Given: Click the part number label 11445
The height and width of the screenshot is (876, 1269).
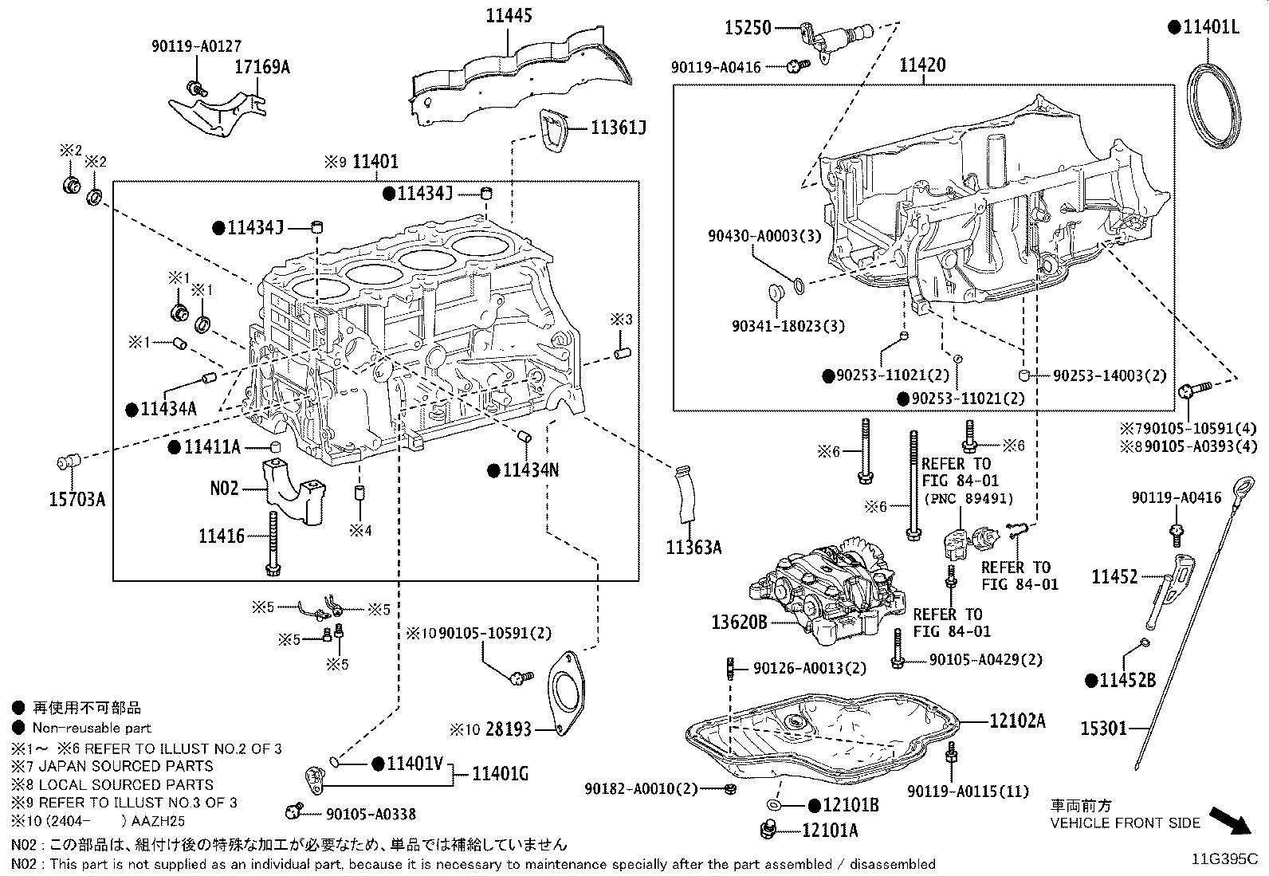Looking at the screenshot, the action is click(x=509, y=15).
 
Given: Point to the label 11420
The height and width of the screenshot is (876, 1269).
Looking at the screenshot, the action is click(x=922, y=65).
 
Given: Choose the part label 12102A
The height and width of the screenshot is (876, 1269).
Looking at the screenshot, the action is click(x=1017, y=721).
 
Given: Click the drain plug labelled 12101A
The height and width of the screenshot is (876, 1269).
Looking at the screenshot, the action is click(x=768, y=829).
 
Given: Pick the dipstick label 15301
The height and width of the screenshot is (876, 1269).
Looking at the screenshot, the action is click(x=1103, y=728).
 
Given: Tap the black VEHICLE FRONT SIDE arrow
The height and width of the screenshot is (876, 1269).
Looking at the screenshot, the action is click(x=1230, y=820).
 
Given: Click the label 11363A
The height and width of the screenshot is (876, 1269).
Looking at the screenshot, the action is click(x=693, y=548).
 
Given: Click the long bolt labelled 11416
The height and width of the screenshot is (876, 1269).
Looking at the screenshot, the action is click(x=273, y=544).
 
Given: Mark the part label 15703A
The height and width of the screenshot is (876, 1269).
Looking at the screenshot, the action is click(x=77, y=499).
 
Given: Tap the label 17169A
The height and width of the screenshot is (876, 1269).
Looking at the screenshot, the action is click(x=261, y=67).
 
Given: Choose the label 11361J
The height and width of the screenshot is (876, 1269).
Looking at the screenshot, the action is click(x=618, y=128).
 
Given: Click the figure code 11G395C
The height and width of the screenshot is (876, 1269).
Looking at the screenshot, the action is click(x=1225, y=859).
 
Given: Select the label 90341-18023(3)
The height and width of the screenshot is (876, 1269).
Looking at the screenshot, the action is click(x=788, y=326).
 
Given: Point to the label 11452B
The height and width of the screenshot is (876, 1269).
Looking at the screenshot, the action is click(x=1127, y=680).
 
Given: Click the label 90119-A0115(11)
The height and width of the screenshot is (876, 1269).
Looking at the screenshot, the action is click(x=968, y=791).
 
